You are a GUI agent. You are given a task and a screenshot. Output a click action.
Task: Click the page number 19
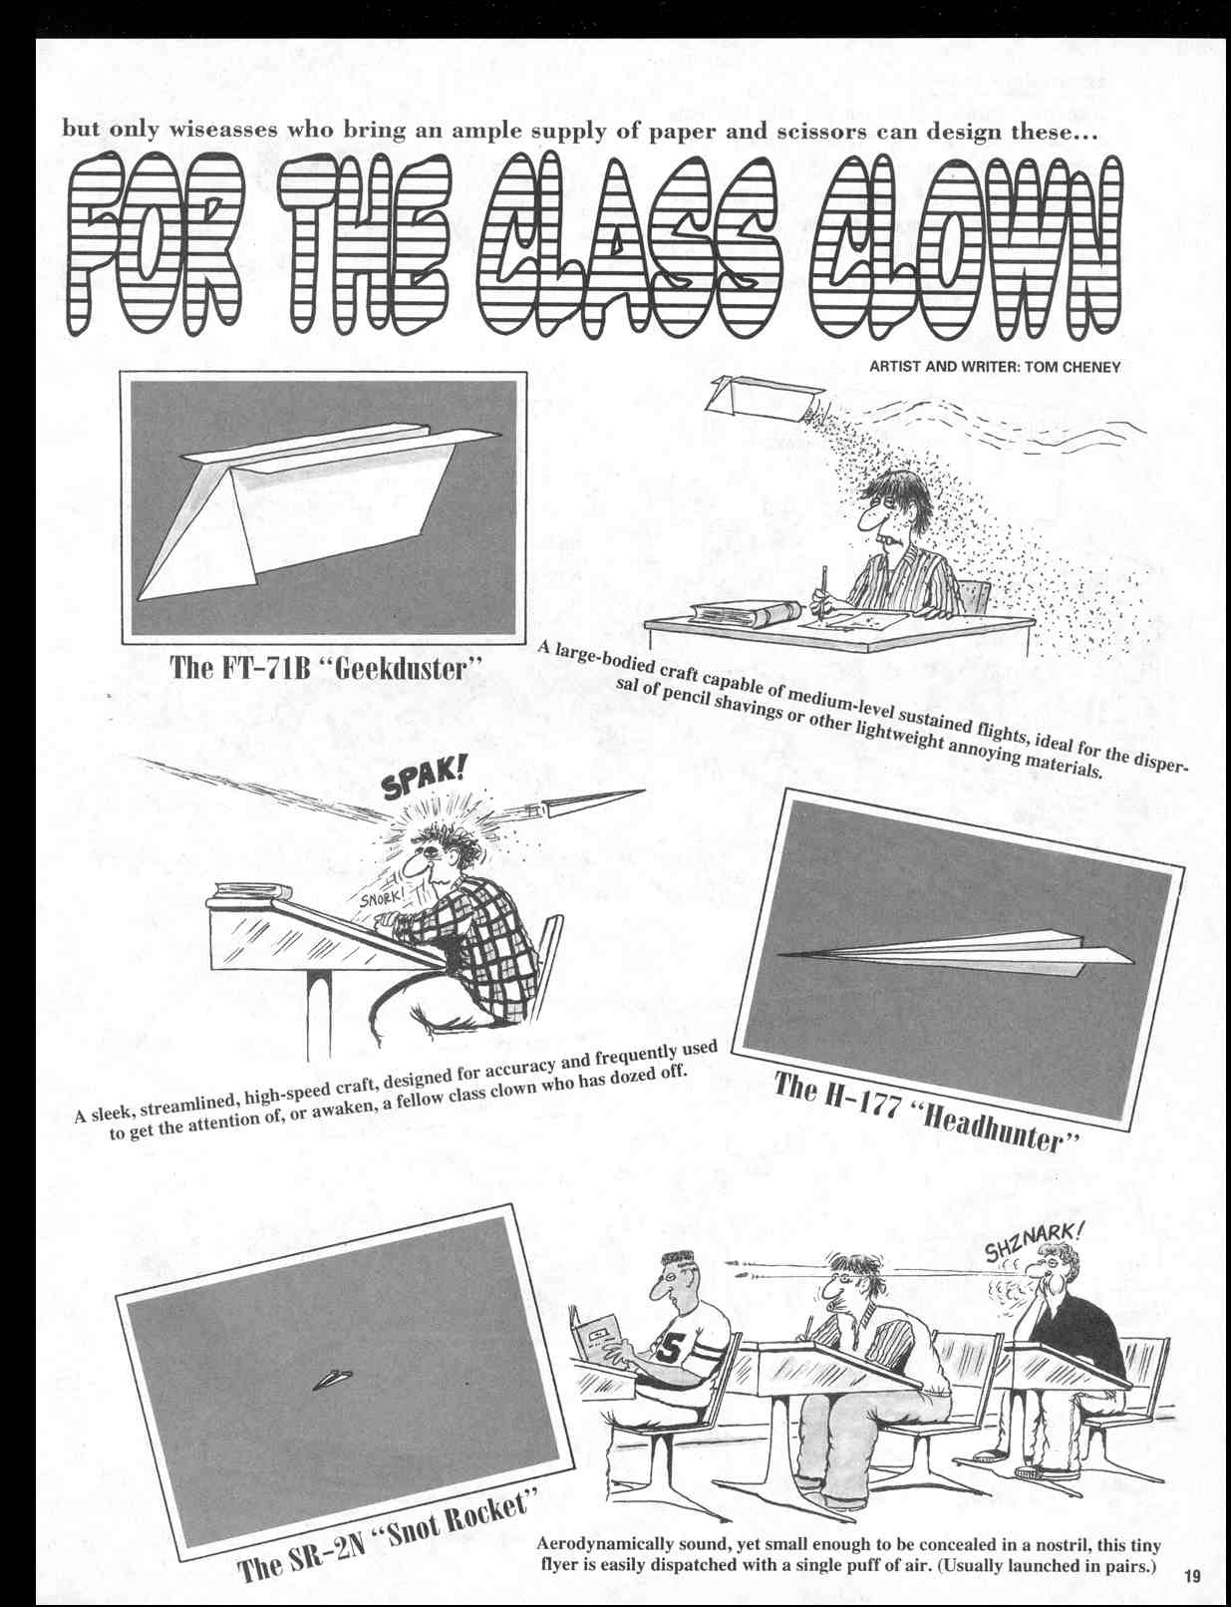(x=1193, y=1576)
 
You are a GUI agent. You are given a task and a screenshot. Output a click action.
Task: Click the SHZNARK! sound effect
(x=1031, y=1240)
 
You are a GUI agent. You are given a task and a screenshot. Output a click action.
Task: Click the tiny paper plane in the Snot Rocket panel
(x=333, y=1380)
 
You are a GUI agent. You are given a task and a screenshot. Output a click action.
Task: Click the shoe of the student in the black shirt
(x=1040, y=1471)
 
